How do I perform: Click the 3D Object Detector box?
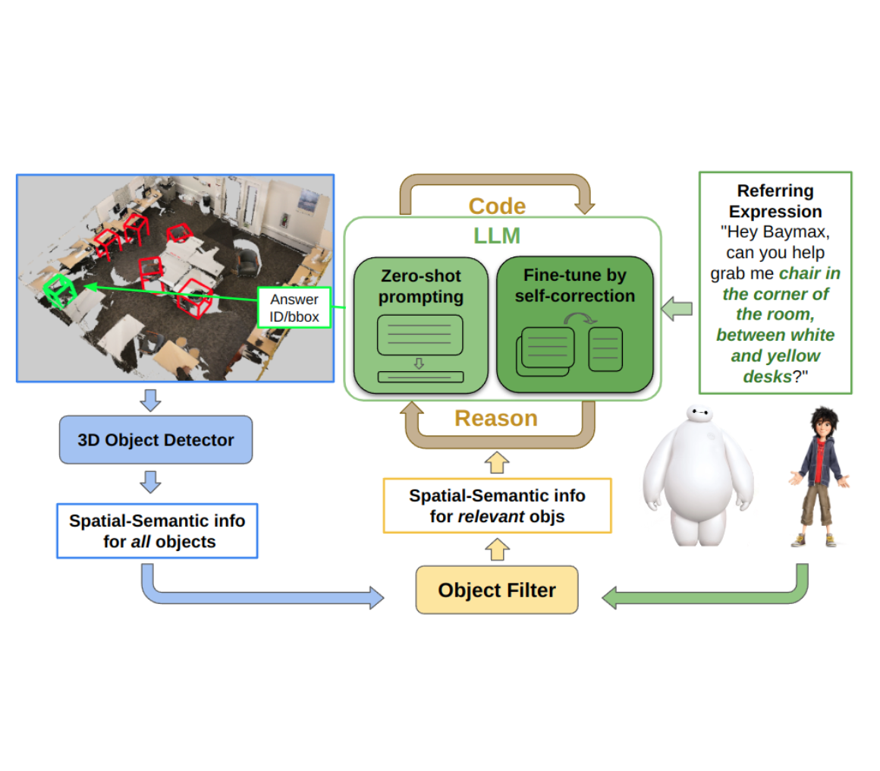[x=156, y=440]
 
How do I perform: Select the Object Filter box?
[x=497, y=590]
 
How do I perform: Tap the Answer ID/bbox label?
[x=294, y=307]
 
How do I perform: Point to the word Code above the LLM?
[x=497, y=206]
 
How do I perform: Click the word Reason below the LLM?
[x=496, y=418]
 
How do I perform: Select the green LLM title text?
[x=497, y=236]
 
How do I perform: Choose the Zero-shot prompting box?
[x=420, y=325]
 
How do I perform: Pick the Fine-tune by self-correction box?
[x=574, y=325]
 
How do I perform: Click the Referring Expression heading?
[x=775, y=201]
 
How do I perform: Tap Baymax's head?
[x=699, y=415]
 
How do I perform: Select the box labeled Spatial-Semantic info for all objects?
[x=158, y=530]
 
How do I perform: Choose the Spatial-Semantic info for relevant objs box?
[x=497, y=505]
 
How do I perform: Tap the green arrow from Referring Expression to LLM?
[x=677, y=309]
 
